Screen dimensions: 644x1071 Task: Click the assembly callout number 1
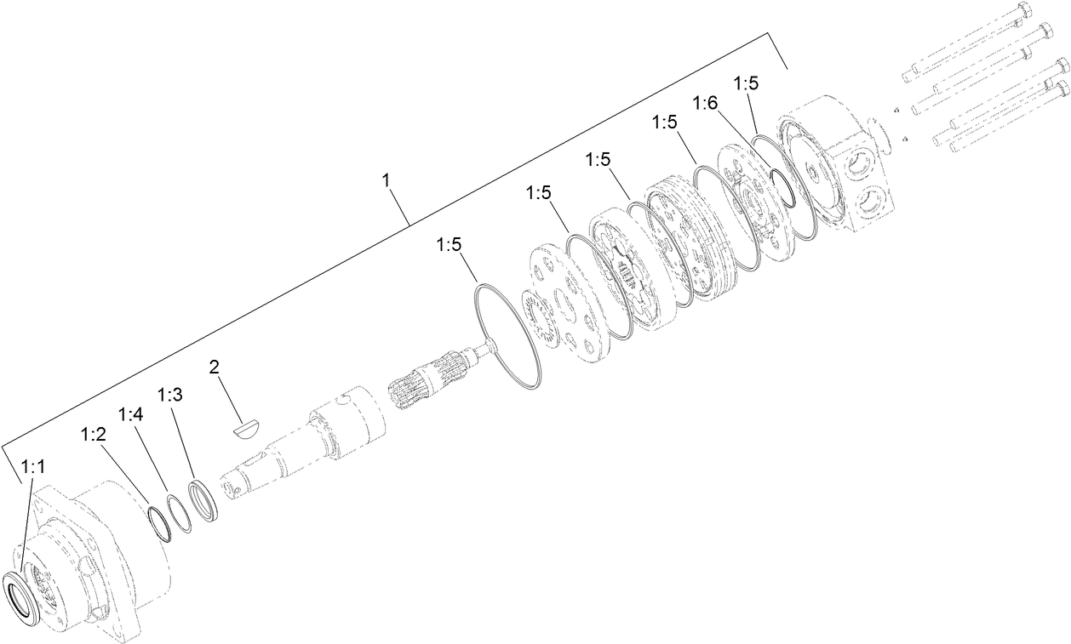point(387,180)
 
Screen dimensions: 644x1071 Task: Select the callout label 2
point(215,368)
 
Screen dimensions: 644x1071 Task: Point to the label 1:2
point(93,435)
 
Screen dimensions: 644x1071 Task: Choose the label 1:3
point(169,396)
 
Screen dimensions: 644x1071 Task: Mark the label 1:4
point(130,415)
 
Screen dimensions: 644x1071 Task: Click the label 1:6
point(706,103)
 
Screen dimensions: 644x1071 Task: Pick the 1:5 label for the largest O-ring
point(450,245)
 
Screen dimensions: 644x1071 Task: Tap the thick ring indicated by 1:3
point(206,500)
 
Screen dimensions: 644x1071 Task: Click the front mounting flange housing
point(102,553)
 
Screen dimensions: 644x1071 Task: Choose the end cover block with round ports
point(843,162)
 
